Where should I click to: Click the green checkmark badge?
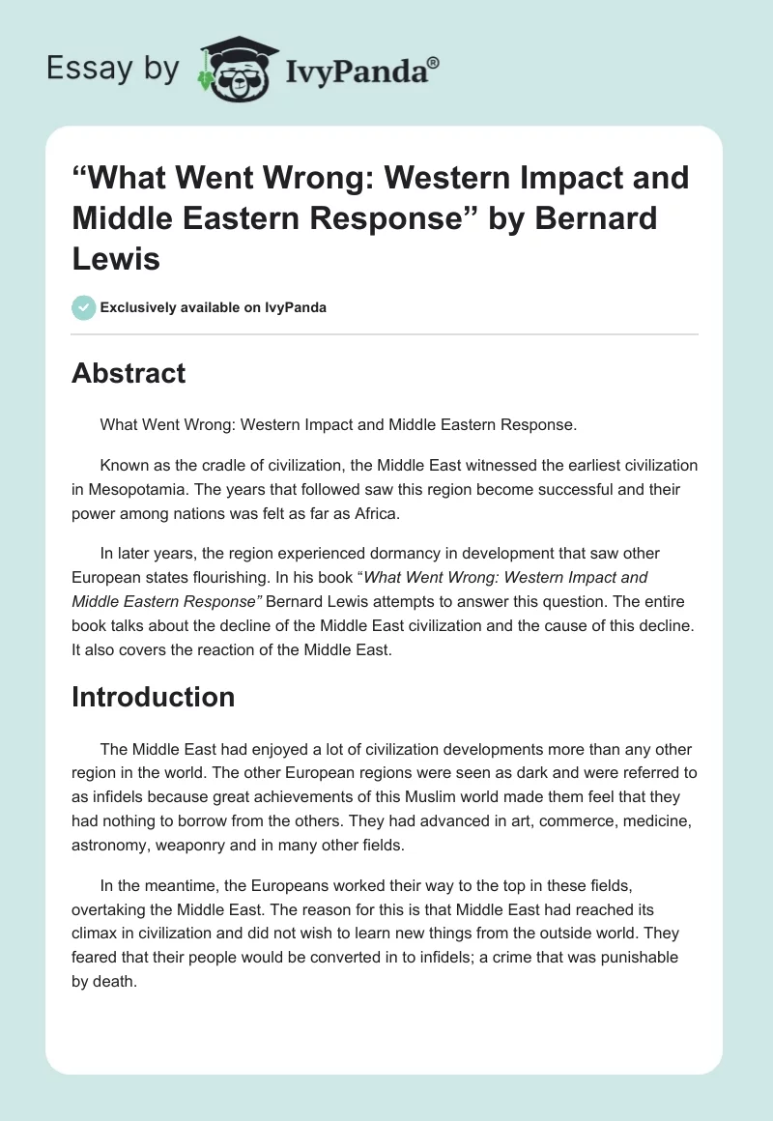click(x=84, y=307)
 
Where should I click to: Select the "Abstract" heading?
click(x=129, y=373)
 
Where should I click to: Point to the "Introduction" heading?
click(x=154, y=697)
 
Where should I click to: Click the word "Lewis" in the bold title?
click(x=114, y=258)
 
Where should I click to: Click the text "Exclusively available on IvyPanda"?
click(x=213, y=307)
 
